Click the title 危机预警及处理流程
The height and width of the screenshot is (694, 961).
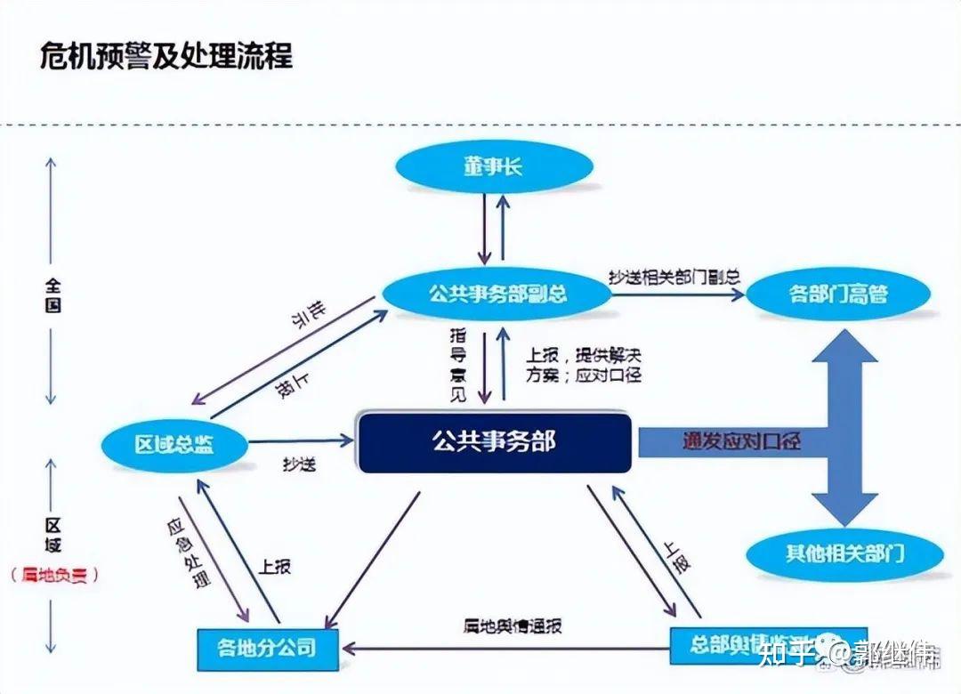point(166,57)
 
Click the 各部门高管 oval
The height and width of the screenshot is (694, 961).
point(837,294)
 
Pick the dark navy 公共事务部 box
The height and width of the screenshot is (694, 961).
point(495,441)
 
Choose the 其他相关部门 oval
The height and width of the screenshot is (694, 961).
point(844,553)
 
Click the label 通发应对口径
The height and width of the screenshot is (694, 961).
point(741,440)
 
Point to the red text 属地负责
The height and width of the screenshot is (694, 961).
point(54,576)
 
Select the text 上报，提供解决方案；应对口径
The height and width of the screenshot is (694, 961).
point(583,366)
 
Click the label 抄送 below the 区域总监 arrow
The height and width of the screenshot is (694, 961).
point(299,464)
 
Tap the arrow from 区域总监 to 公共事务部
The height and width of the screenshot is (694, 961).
point(303,440)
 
